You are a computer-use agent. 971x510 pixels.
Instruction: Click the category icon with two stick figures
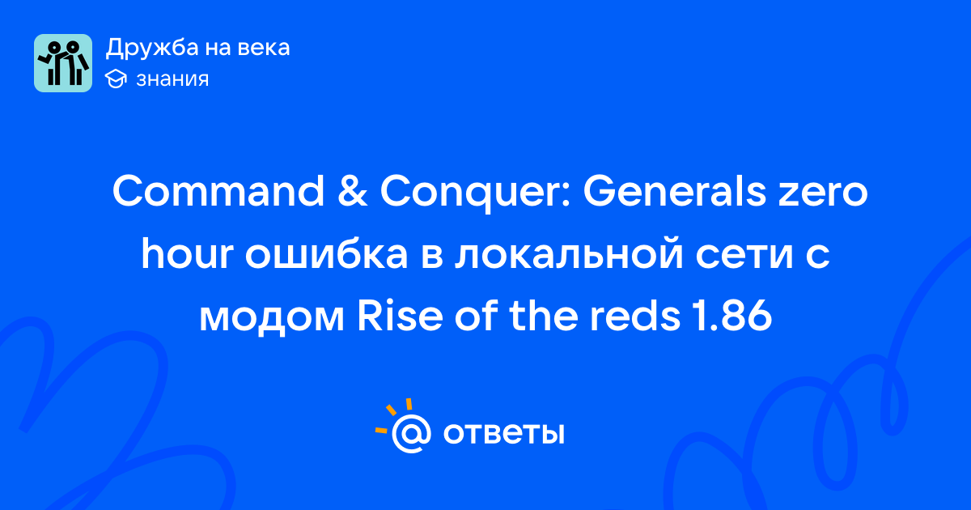(63, 63)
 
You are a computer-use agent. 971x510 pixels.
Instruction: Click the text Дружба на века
(197, 48)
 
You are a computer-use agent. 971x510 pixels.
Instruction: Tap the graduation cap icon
(116, 79)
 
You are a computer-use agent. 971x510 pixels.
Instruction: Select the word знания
(172, 79)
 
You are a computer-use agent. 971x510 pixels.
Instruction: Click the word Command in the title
(218, 191)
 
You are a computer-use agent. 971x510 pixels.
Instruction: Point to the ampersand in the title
(353, 191)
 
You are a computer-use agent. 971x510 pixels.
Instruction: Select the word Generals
(675, 191)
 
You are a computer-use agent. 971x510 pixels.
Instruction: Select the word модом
(272, 320)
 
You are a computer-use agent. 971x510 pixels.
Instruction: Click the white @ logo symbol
(411, 433)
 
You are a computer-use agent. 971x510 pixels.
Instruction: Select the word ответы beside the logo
(503, 434)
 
